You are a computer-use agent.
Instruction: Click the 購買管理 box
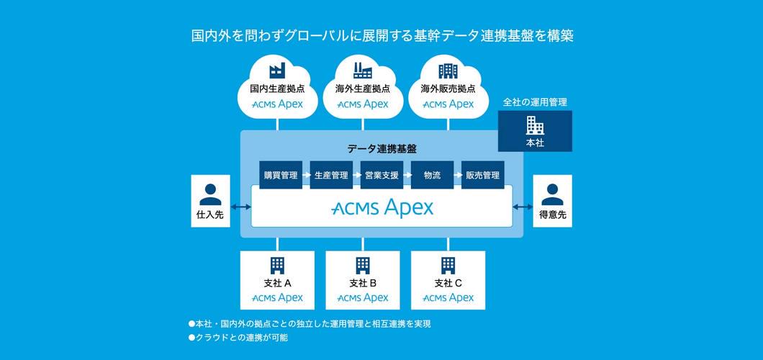[281, 175]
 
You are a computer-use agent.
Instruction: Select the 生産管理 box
[331, 175]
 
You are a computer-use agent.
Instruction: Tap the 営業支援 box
[381, 175]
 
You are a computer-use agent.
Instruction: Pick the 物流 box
[432, 175]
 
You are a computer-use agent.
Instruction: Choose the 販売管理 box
[482, 175]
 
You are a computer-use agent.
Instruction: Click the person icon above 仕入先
[211, 194]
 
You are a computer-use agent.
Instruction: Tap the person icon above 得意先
[552, 194]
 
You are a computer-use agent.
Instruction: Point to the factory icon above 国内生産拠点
[277, 70]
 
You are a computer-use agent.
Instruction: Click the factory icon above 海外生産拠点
[363, 70]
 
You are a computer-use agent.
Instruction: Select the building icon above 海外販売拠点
[448, 71]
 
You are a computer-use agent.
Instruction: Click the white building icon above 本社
[535, 125]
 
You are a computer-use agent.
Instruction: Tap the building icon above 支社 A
[277, 265]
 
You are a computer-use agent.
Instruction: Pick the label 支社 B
[363, 283]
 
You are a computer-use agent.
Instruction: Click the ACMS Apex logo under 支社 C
[448, 298]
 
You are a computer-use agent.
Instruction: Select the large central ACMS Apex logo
[382, 208]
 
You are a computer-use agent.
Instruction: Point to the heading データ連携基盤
[381, 149]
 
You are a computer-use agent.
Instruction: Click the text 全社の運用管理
[535, 102]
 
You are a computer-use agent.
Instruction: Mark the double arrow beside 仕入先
[241, 208]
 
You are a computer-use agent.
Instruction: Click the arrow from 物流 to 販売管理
[457, 175]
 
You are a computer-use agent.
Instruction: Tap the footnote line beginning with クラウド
[238, 337]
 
